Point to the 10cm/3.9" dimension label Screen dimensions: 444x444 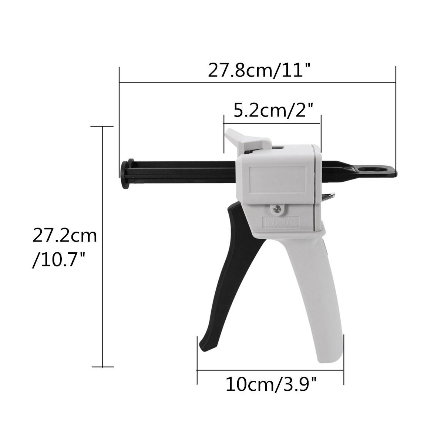[x=271, y=385]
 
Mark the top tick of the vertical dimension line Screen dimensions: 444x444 [x=102, y=127]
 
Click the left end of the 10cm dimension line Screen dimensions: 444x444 [x=197, y=369]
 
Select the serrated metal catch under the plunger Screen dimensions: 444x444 [x=329, y=198]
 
